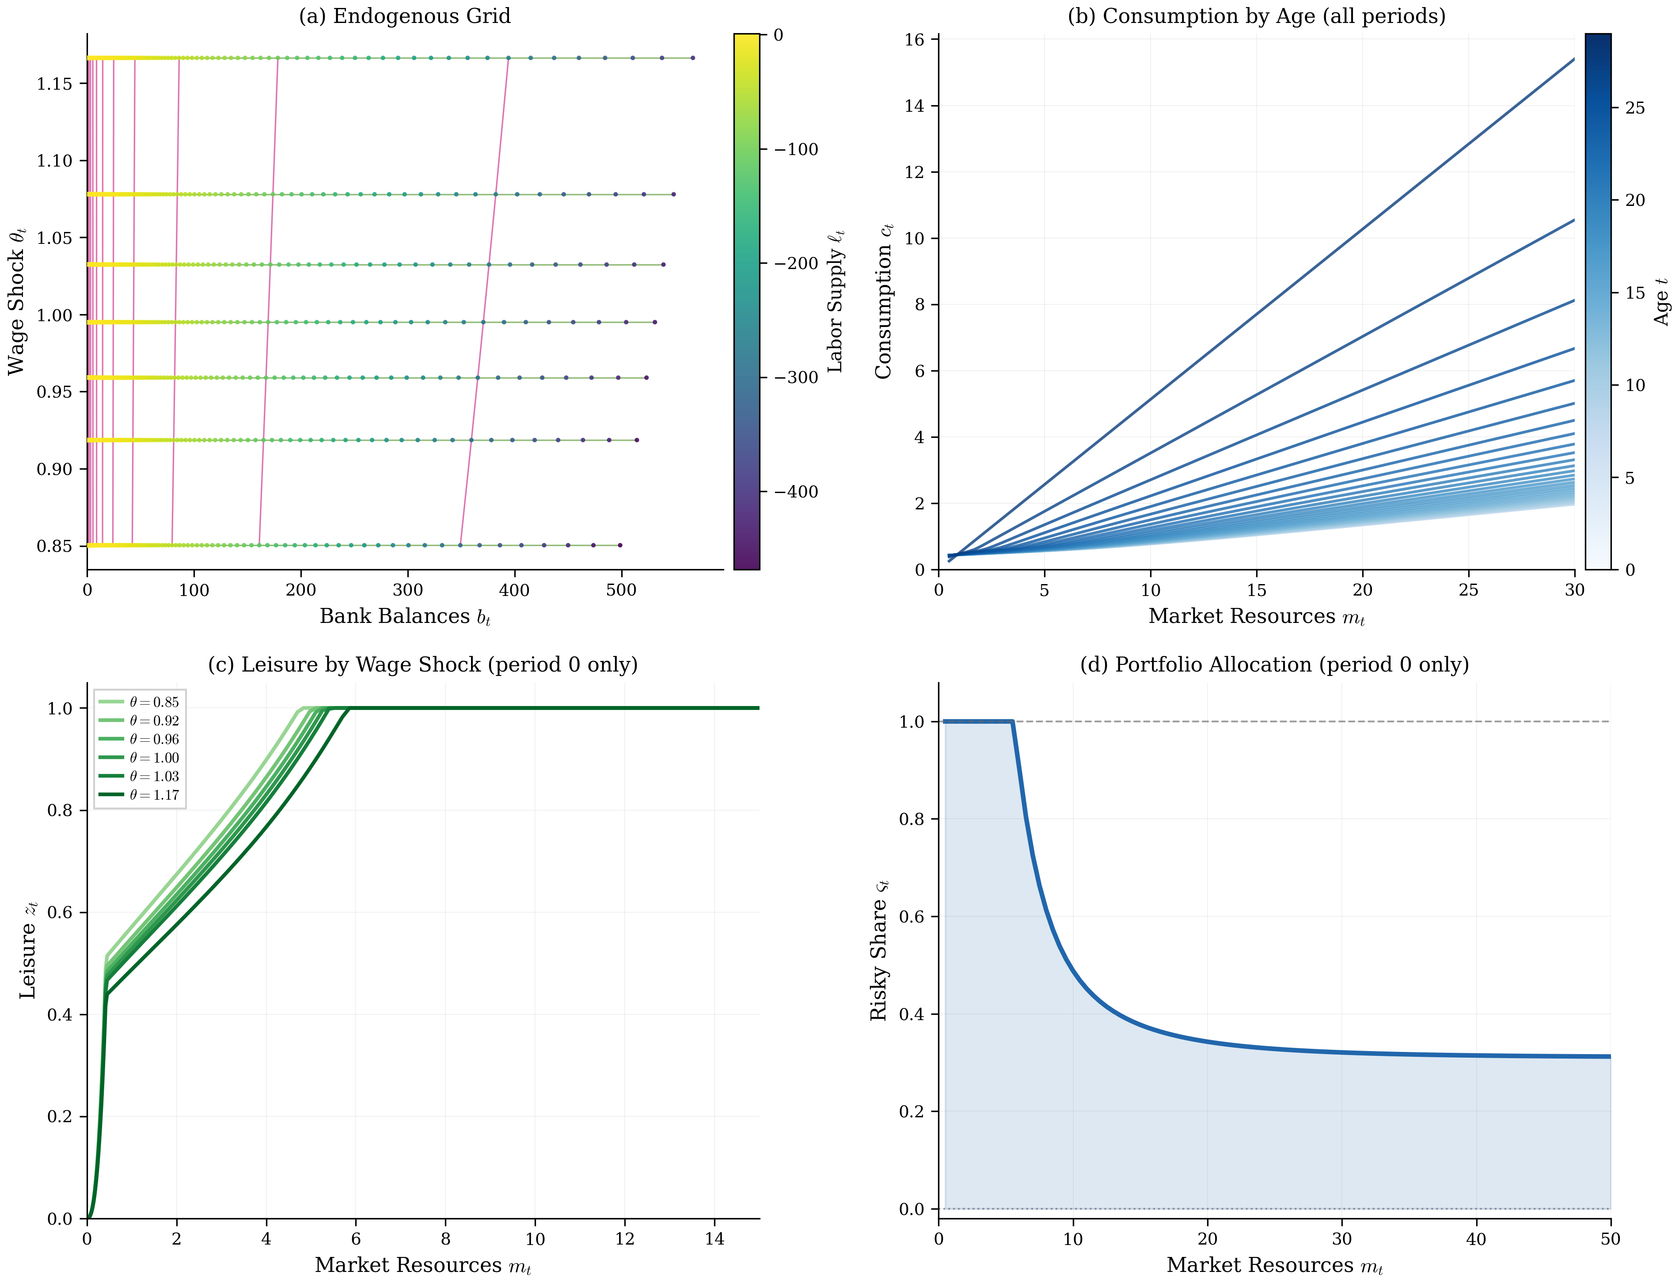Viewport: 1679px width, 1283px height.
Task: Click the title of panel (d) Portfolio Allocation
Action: pyautogui.click(x=1273, y=664)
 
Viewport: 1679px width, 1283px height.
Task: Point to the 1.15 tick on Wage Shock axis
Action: pyautogui.click(x=54, y=84)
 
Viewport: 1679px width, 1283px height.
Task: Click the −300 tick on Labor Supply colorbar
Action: pyautogui.click(x=796, y=377)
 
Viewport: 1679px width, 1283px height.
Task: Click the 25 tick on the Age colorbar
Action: pyautogui.click(x=1635, y=108)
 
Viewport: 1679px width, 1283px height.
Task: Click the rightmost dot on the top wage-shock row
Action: pyautogui.click(x=692, y=58)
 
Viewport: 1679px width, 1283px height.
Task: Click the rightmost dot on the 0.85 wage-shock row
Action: pyautogui.click(x=620, y=545)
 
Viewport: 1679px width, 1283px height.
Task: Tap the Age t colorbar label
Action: pyautogui.click(x=1661, y=302)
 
